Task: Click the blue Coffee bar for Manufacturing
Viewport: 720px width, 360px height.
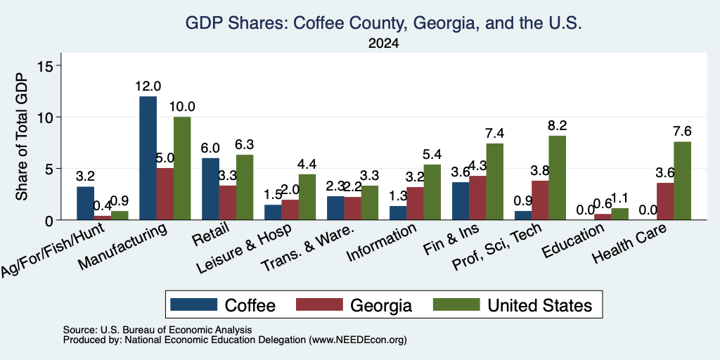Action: pos(148,158)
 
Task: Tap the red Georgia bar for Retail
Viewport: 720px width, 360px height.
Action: pos(228,203)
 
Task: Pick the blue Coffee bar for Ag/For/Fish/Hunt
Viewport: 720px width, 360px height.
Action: pos(85,203)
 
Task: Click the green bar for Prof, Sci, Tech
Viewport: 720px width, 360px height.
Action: pos(557,178)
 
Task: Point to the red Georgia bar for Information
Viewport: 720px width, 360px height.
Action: pos(415,203)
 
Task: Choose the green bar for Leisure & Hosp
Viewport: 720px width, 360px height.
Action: pos(307,197)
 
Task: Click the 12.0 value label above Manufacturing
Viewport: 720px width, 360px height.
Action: pos(148,86)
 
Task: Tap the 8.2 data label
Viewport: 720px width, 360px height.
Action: pos(557,125)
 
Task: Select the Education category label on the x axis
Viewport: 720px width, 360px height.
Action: pos(572,242)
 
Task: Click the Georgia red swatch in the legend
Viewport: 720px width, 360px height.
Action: pos(319,304)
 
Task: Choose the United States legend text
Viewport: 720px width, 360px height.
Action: pos(539,305)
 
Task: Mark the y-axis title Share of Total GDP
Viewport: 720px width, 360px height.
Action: pos(22,136)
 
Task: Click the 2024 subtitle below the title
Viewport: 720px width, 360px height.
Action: pos(383,44)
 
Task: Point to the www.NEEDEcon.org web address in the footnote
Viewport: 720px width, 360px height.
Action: pos(358,340)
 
